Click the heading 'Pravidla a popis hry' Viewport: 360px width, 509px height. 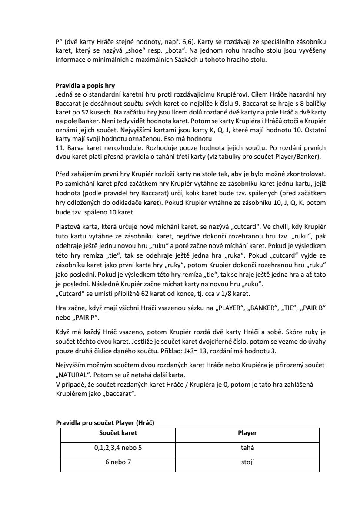[x=82, y=86]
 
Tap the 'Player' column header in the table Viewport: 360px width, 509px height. [x=248, y=433]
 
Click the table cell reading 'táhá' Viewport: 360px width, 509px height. [x=247, y=448]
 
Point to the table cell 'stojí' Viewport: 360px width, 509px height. [x=247, y=462]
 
